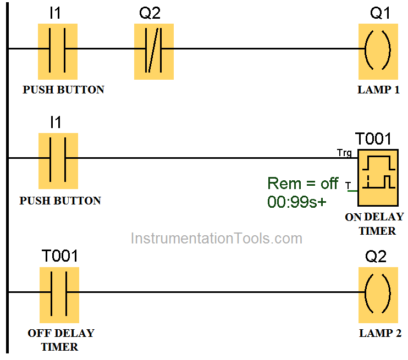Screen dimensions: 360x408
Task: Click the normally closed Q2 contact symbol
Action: (x=154, y=51)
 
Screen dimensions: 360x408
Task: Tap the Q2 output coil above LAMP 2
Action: (x=378, y=295)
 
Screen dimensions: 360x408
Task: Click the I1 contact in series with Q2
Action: (x=58, y=51)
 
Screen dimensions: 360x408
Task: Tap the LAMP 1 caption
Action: (x=378, y=90)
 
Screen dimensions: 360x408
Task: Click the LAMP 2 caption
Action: (x=380, y=333)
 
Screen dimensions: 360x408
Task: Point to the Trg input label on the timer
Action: (x=345, y=152)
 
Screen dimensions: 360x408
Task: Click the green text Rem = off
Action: (x=302, y=183)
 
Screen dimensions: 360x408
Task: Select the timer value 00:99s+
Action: (x=296, y=202)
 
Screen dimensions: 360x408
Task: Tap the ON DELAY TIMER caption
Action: (x=374, y=224)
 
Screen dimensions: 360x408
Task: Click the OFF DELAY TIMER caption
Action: (x=60, y=340)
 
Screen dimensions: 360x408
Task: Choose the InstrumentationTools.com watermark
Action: (x=216, y=239)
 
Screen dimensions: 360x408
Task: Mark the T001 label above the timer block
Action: (x=373, y=139)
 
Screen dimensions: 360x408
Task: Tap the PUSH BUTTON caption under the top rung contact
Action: (x=63, y=90)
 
